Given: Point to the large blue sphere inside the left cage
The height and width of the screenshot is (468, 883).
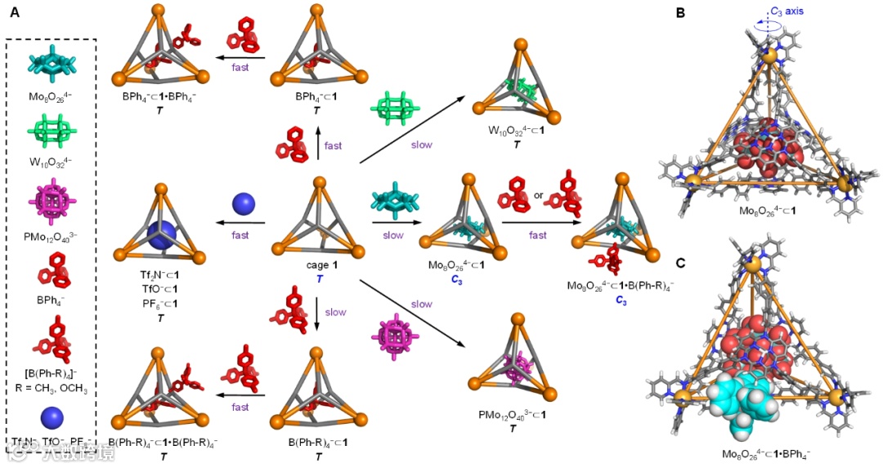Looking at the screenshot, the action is [x=160, y=235].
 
